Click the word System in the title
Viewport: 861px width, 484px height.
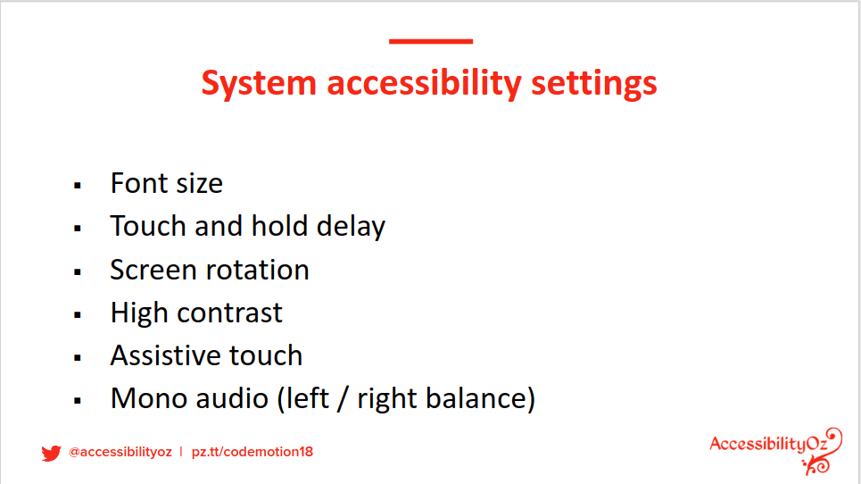coord(259,84)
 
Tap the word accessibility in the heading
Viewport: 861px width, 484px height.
coord(424,84)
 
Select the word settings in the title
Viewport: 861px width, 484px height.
coord(593,85)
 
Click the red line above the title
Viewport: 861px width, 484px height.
coord(431,41)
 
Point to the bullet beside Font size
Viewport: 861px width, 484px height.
coord(78,186)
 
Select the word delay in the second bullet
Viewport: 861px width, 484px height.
coord(351,227)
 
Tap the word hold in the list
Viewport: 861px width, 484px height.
coord(279,226)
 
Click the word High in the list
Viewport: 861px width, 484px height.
coord(139,313)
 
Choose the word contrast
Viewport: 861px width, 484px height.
coord(229,313)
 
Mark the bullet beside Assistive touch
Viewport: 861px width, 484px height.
coord(78,358)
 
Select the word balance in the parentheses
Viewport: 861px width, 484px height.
coord(476,398)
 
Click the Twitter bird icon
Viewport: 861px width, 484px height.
coord(51,453)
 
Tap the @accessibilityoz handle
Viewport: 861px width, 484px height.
coord(120,452)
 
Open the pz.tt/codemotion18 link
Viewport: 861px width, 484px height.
coord(252,452)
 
